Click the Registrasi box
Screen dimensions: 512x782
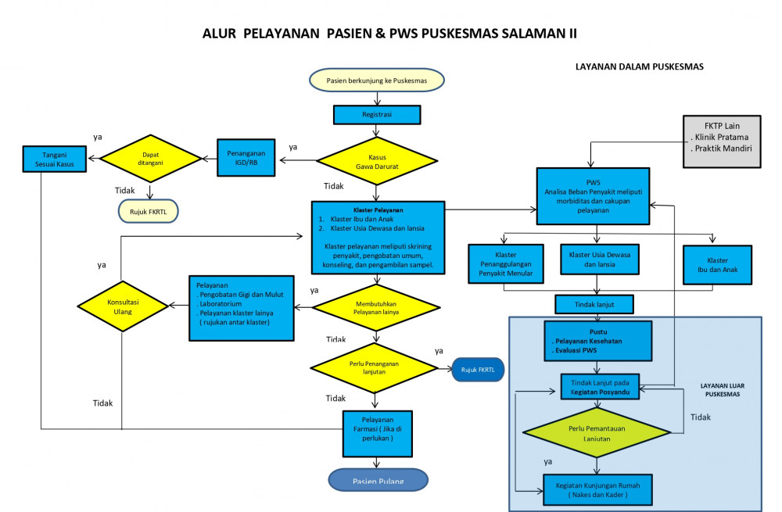click(377, 115)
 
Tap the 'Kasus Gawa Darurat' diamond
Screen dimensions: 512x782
click(377, 160)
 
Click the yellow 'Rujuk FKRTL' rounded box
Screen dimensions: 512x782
click(148, 209)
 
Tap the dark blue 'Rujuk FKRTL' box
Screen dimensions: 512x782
click(478, 369)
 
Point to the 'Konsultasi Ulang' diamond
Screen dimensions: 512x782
click(121, 306)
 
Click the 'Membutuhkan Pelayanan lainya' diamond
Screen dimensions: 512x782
click(377, 306)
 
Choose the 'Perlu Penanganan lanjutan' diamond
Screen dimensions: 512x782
click(377, 368)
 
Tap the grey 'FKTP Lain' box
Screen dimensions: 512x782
click(721, 141)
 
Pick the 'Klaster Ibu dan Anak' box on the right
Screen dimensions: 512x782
click(717, 264)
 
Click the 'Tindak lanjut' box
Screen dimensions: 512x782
click(594, 303)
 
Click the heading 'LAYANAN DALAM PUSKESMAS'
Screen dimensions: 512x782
click(639, 67)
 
